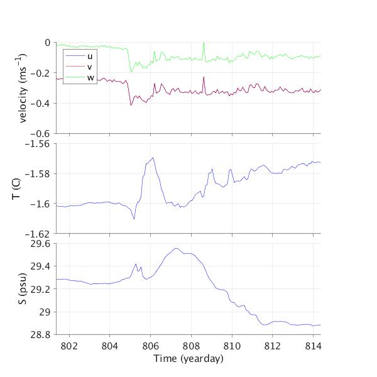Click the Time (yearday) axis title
188,359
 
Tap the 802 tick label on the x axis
68,346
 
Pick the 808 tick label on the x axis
191,346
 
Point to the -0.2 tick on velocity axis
41,73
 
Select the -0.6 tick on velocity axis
41,133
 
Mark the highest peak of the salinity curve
177,249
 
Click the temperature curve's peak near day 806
153,158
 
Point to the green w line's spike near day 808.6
204,43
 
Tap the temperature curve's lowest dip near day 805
134,219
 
